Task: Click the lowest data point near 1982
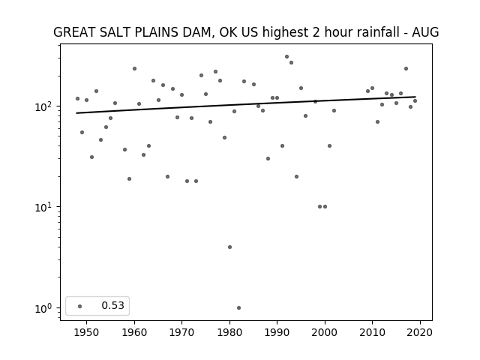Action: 238,307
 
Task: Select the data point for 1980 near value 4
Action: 230,247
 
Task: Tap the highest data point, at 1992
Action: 286,57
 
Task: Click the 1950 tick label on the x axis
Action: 87,332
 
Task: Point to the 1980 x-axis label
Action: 230,332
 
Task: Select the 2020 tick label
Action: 420,332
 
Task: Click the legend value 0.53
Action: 113,305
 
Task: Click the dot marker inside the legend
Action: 80,306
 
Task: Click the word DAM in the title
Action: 199,32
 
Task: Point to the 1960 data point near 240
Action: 134,68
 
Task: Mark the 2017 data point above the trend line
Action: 406,68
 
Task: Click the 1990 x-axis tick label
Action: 277,332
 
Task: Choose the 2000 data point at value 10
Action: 325,207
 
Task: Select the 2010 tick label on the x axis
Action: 372,332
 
